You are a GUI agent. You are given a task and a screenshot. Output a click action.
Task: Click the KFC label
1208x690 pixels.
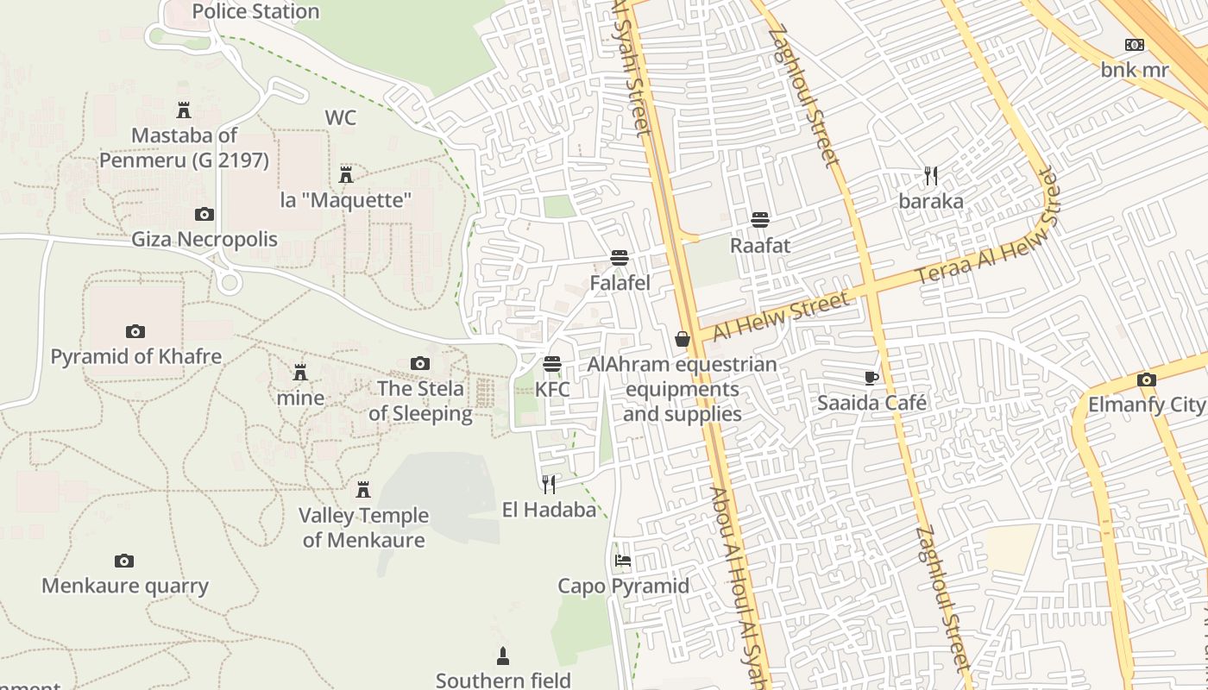[x=552, y=389]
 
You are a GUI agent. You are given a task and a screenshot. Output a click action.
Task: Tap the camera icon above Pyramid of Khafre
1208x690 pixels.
[x=135, y=331]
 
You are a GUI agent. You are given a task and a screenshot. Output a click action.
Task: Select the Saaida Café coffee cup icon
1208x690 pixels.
[x=871, y=377]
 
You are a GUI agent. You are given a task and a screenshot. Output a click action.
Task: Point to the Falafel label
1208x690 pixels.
[x=620, y=283]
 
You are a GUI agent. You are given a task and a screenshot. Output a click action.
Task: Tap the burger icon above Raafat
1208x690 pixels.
[x=759, y=219]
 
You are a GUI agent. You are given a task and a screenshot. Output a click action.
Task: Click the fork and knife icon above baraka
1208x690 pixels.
[x=931, y=176]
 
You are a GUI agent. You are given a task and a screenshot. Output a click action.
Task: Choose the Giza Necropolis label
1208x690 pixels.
[x=204, y=239]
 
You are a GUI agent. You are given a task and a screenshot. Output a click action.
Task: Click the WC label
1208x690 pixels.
[x=341, y=117]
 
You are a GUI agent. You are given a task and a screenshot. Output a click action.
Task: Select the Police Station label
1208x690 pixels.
[x=255, y=11]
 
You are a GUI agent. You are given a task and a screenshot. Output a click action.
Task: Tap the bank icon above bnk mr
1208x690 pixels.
[x=1134, y=45]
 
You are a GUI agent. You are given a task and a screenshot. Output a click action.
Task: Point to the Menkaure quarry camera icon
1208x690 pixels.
[x=124, y=561]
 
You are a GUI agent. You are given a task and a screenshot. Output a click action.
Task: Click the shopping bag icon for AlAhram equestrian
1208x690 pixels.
[x=683, y=339]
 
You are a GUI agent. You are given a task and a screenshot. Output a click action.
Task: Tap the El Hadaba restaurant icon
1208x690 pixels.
[x=549, y=484]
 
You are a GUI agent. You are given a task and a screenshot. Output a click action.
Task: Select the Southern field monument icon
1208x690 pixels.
[x=503, y=656]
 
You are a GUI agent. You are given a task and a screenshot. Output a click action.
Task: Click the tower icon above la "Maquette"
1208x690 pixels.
[x=346, y=174]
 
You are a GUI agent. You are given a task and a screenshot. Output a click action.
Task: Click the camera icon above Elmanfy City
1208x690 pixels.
[x=1146, y=379]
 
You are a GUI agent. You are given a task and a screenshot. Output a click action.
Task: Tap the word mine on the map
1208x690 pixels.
[x=300, y=398]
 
